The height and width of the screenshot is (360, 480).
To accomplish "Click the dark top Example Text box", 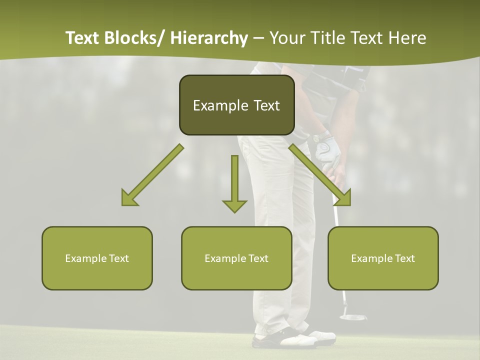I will point(236,105).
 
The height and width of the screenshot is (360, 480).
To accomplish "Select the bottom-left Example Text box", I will point(97,258).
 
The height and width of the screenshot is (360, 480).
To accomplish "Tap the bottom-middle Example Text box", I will point(236,258).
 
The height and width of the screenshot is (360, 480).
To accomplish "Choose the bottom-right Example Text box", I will point(383,258).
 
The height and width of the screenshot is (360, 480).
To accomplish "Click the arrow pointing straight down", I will point(234,182).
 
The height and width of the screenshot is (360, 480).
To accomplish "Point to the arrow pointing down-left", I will point(152,175).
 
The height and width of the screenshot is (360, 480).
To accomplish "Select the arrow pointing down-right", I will point(320,175).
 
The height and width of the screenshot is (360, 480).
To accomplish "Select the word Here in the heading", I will point(408,38).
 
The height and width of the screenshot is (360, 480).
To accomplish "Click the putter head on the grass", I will point(352,316).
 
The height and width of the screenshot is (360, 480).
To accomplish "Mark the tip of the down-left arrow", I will point(123,204).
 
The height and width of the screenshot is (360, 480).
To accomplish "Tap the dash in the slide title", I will point(258,38).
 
